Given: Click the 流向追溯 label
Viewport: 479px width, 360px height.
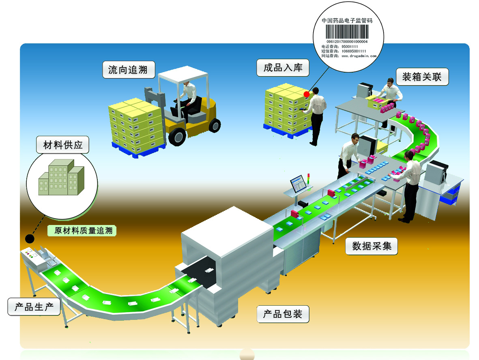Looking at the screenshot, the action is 129,70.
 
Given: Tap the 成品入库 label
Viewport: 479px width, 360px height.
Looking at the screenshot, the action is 283,67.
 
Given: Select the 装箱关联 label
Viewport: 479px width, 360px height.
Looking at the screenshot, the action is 422,77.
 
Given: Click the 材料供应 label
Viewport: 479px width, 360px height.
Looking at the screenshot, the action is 62,145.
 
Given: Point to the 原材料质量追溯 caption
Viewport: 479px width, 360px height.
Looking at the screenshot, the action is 82,231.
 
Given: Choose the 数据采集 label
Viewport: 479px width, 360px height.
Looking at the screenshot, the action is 372,246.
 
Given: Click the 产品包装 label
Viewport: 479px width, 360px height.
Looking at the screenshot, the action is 283,314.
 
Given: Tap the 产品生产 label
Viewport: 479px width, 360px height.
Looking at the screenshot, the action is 34,307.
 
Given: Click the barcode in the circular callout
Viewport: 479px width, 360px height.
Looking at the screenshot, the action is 347,32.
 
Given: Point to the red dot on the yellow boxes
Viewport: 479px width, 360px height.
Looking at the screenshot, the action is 307,94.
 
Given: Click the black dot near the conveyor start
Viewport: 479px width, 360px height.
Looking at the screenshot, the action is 30,238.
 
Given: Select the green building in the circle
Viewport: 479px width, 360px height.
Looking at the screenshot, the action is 61,178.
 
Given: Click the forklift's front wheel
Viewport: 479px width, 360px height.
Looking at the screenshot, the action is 177,137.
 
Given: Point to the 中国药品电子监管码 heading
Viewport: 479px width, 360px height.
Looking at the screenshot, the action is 347,20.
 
